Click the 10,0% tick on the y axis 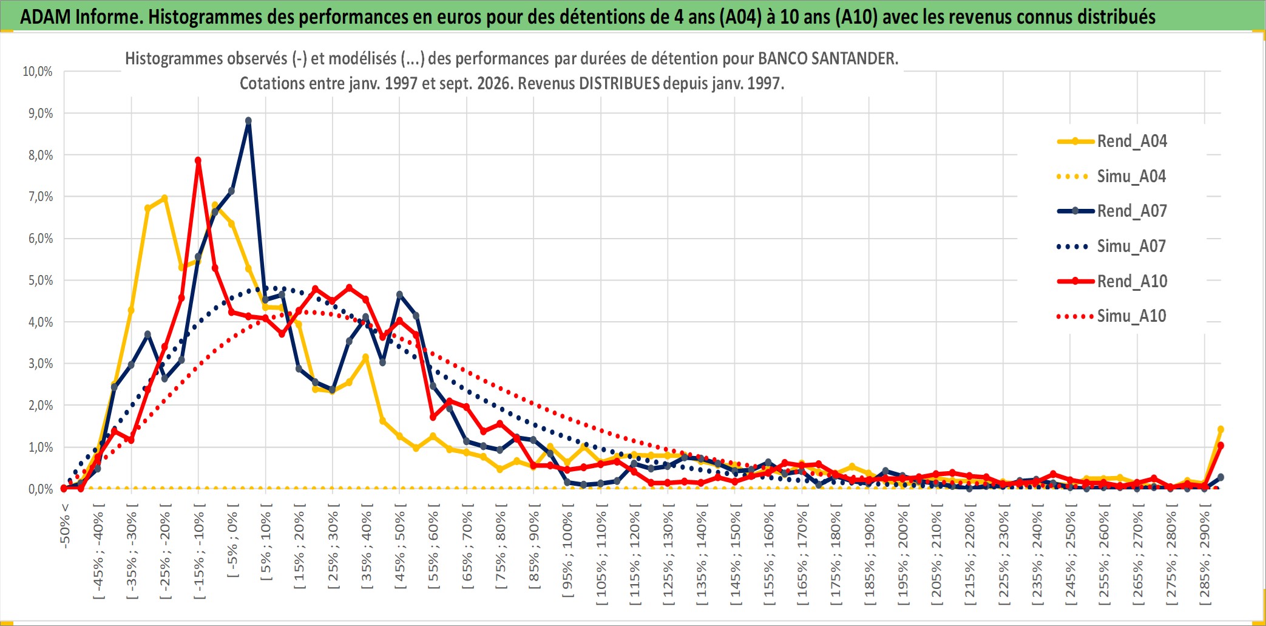point(38,72)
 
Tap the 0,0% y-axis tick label point(41,489)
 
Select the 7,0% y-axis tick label point(41,197)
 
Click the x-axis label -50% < point(65,526)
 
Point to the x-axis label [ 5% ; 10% point(266,546)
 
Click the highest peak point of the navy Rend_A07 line point(248,121)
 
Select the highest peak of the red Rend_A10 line point(198,160)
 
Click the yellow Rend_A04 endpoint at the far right point(1220,429)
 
